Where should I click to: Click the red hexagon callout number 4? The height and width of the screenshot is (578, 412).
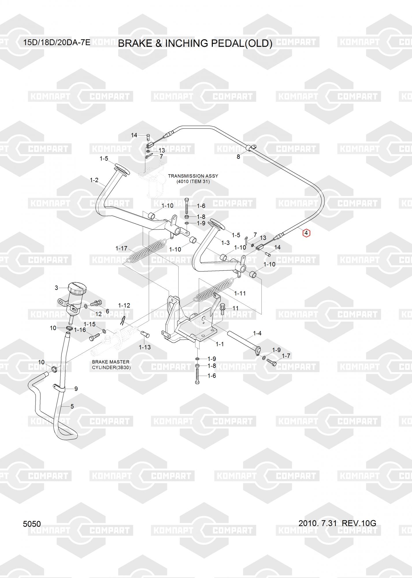click(x=306, y=233)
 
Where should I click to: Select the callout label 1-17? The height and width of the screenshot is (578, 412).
click(x=121, y=249)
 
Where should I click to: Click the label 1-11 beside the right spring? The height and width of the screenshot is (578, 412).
click(x=240, y=293)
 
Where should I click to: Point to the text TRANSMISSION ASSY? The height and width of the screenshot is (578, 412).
click(x=193, y=176)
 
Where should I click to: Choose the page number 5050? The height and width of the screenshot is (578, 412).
click(x=32, y=524)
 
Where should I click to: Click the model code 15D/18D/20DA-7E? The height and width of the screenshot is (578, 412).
click(x=57, y=43)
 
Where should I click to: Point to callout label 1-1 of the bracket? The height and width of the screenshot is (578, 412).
click(x=220, y=344)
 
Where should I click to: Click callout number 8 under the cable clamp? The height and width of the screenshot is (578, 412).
click(x=238, y=157)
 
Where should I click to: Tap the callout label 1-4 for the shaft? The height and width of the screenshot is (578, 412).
click(x=257, y=333)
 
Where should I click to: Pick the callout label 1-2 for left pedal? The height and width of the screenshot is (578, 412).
click(x=94, y=180)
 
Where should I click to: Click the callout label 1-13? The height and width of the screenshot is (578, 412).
click(x=145, y=347)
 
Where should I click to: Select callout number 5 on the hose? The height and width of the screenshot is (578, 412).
click(x=72, y=406)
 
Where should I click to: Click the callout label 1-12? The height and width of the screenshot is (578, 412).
click(x=124, y=305)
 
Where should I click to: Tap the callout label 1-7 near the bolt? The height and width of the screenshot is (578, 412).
click(x=286, y=356)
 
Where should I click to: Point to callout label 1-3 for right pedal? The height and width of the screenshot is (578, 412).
click(x=225, y=243)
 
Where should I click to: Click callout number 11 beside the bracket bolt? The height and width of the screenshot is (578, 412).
click(x=235, y=308)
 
